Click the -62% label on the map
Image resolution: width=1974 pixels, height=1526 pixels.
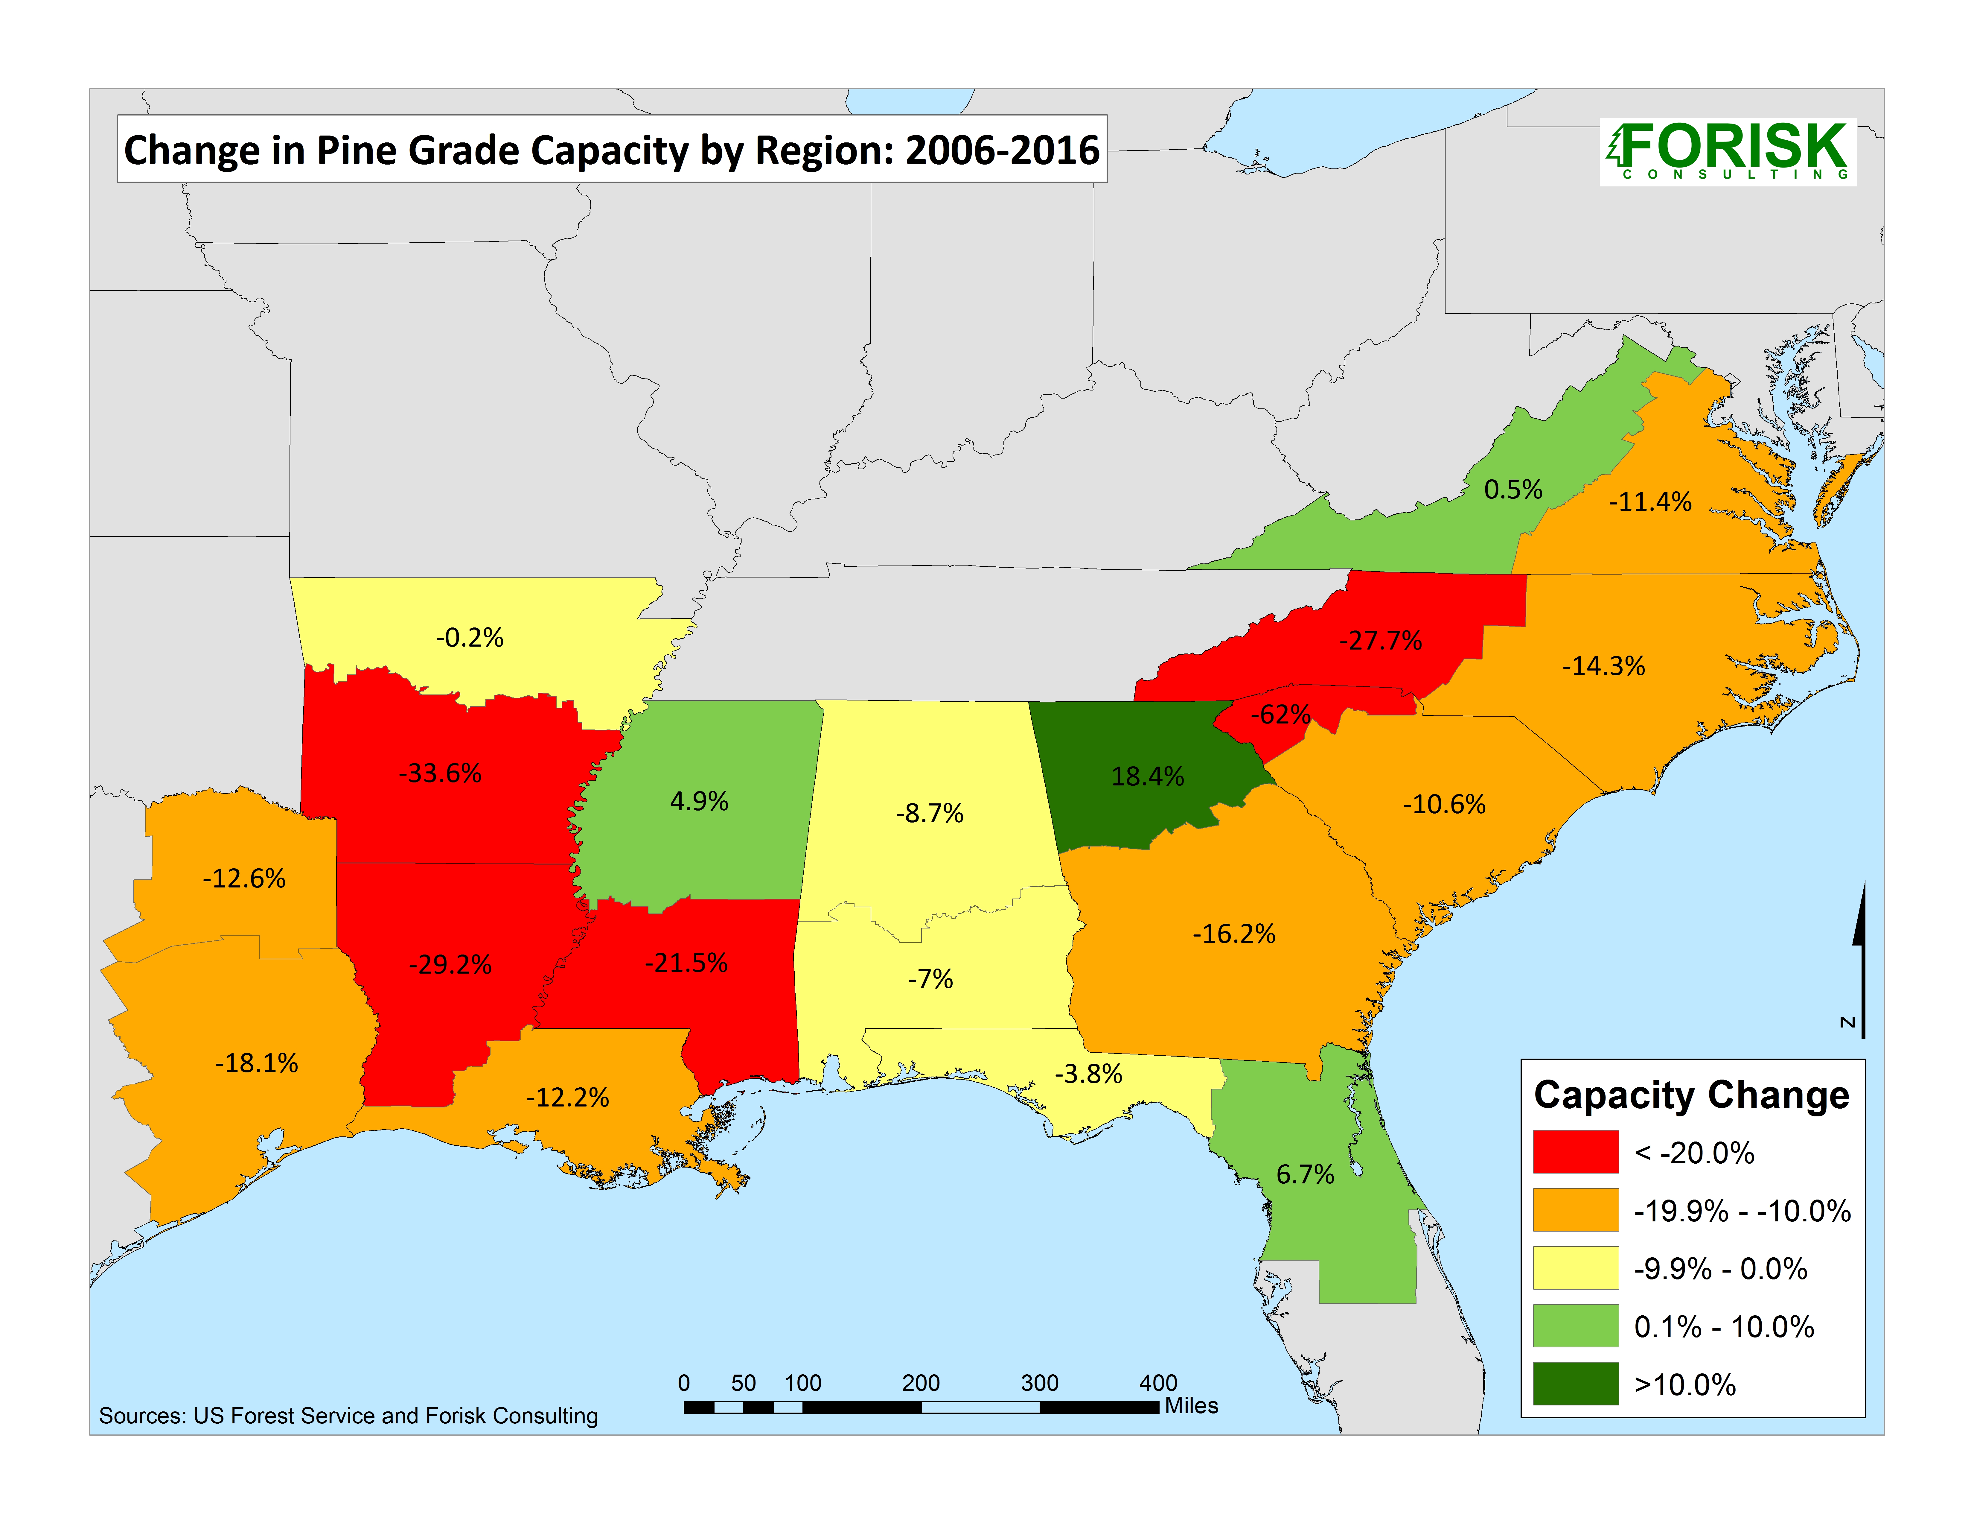(x=1281, y=715)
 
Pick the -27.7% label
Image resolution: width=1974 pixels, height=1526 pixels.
(x=1380, y=641)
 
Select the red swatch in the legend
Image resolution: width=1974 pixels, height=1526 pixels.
(x=1575, y=1152)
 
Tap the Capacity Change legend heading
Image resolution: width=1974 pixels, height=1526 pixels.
(x=1691, y=1095)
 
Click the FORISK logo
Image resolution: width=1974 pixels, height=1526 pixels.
(x=1727, y=151)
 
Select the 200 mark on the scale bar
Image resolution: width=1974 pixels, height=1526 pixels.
(x=921, y=1383)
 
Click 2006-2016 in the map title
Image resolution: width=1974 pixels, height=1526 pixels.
(x=1002, y=150)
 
